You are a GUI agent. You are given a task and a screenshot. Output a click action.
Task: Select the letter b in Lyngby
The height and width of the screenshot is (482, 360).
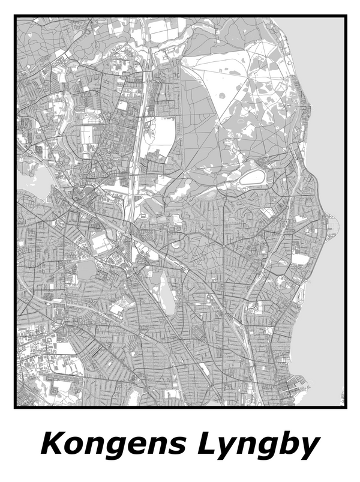(x=289, y=444)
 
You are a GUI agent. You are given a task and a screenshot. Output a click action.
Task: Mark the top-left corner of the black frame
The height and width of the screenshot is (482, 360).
(x=16, y=17)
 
